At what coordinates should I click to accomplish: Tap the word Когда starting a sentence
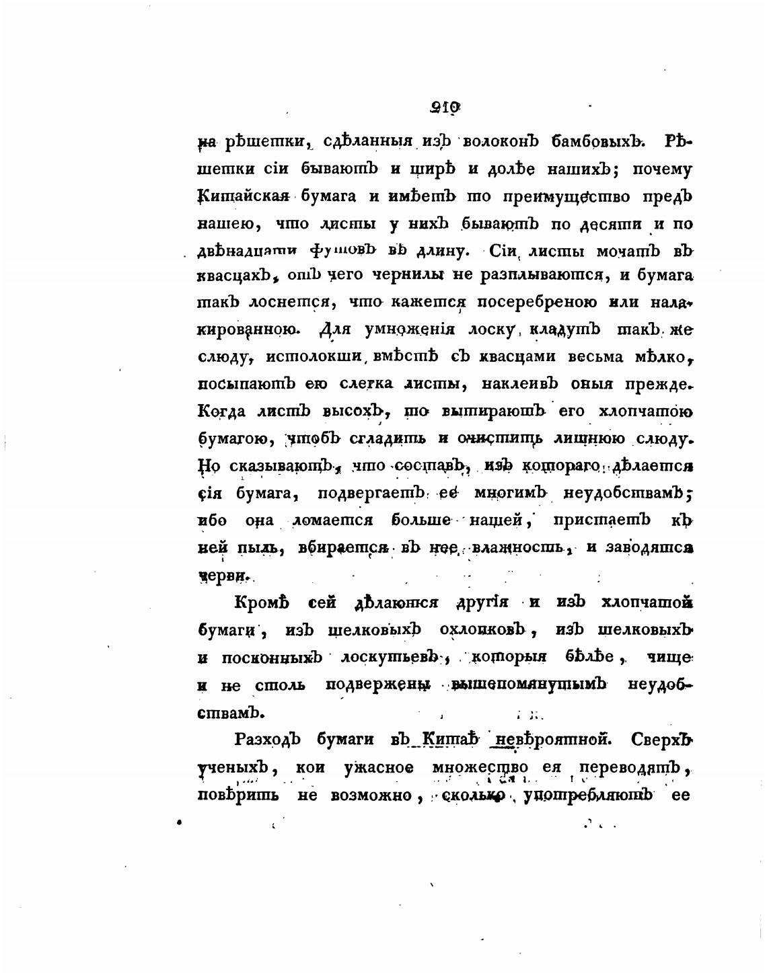[222, 411]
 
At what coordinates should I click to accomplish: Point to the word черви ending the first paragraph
[223, 576]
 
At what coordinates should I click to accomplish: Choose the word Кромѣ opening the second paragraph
[263, 602]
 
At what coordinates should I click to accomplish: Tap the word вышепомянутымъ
[530, 685]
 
